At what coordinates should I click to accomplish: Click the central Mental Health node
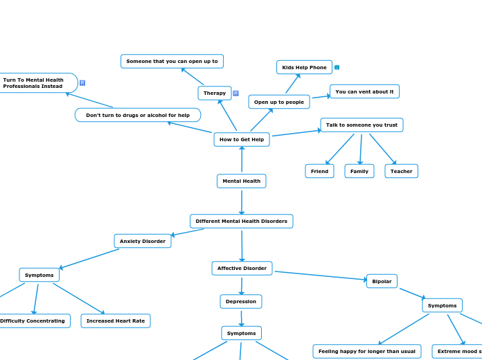click(241, 181)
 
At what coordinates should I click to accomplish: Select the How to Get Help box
click(241, 140)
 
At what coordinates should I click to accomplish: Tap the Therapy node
click(215, 93)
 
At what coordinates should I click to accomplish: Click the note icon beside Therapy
click(235, 93)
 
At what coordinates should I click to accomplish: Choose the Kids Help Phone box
click(304, 67)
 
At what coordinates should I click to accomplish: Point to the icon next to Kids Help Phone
click(337, 67)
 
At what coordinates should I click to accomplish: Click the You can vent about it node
click(364, 91)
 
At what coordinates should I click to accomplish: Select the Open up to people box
click(278, 102)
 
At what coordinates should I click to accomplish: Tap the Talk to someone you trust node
click(361, 125)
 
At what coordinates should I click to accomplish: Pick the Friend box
click(319, 171)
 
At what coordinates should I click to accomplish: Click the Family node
click(359, 171)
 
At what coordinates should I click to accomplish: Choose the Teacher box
click(401, 171)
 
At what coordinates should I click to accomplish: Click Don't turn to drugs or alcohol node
click(138, 115)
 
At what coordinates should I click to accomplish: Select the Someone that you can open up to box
click(172, 62)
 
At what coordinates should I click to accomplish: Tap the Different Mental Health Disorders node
click(241, 222)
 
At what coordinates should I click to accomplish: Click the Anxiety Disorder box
click(143, 242)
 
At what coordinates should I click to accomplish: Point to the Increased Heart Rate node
click(115, 321)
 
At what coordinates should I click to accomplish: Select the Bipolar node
click(382, 281)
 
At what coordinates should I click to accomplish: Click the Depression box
click(241, 302)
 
